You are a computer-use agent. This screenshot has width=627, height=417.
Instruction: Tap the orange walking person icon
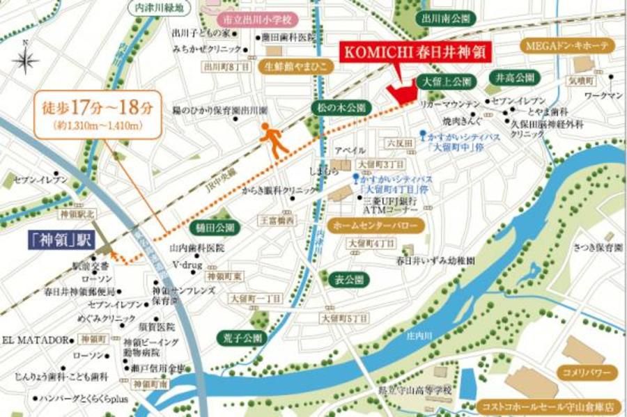click(x=274, y=141)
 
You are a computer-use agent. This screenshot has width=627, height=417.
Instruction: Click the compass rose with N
click(x=25, y=61)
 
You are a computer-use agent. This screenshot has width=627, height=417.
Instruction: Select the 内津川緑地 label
click(x=159, y=8)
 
